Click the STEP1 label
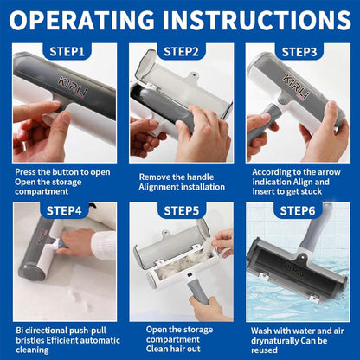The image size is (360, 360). point(67,52)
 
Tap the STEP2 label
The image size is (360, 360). point(181,52)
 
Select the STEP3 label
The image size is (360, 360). point(299,52)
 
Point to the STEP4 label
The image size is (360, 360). point(64,210)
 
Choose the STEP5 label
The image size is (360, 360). point(182,211)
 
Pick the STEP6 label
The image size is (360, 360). point(298,210)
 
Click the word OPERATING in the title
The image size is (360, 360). point(82,20)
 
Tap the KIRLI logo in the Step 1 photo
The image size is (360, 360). point(73,86)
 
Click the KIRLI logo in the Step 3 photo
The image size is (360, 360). point(296,86)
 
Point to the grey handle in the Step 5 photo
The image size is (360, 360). point(198,292)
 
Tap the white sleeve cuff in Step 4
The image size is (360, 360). point(103,245)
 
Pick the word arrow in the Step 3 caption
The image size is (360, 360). point(329,172)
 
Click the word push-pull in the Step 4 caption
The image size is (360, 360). point(87,331)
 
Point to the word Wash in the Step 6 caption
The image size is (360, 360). point(261,331)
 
